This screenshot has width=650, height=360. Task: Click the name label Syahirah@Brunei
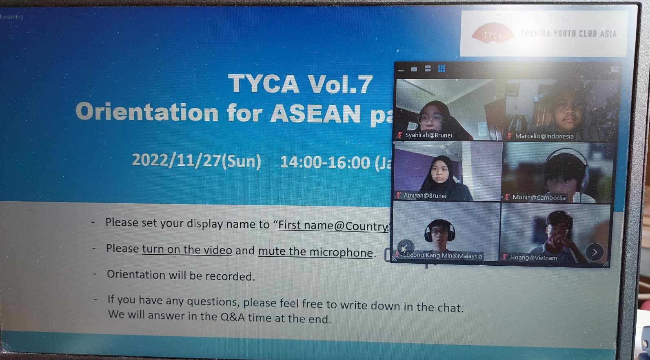point(428,135)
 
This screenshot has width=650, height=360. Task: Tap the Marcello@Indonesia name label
point(544,136)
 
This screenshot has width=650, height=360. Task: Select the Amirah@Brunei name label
point(425,196)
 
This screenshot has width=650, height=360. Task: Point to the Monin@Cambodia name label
point(539,198)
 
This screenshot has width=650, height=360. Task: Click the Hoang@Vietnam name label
point(533,258)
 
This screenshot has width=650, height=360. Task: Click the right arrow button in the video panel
point(594,252)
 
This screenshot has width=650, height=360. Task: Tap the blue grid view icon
point(441,69)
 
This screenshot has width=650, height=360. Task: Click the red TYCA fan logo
point(492,33)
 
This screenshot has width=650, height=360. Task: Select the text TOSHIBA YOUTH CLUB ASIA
point(568,33)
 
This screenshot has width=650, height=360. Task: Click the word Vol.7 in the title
point(340,84)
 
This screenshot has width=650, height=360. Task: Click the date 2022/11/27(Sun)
point(196,160)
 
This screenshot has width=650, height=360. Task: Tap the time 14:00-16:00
point(325,162)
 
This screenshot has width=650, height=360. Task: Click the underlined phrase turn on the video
point(187,250)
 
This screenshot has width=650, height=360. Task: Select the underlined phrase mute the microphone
point(315,252)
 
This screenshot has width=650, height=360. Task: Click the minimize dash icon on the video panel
point(401,70)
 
